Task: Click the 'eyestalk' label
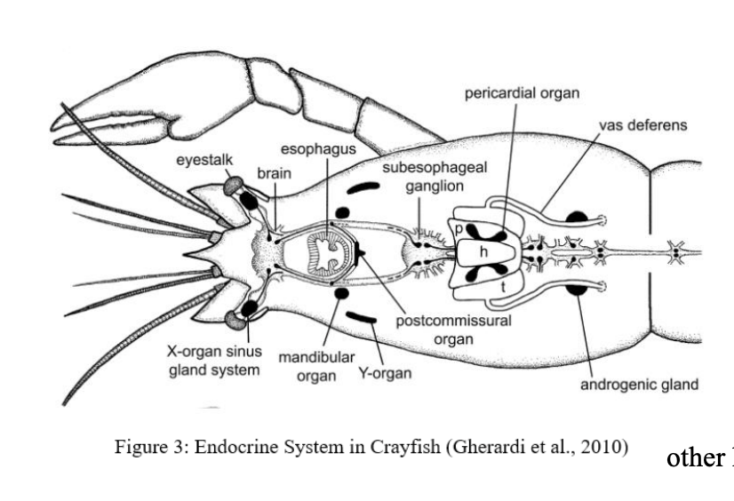[x=204, y=159]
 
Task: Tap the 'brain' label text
[x=274, y=173]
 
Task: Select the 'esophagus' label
[x=318, y=148]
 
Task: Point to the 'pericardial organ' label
[x=522, y=93]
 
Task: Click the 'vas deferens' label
[x=642, y=125]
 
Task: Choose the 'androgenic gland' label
[x=639, y=385]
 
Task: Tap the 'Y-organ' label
[x=385, y=373]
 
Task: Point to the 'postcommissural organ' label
[x=453, y=329]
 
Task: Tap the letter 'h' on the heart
[x=484, y=251]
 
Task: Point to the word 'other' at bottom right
[x=696, y=457]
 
